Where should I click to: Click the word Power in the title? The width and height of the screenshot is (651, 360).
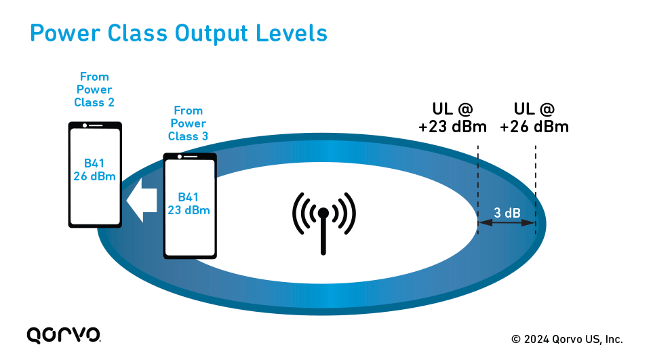click(65, 33)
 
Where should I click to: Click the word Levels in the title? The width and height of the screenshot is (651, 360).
click(292, 33)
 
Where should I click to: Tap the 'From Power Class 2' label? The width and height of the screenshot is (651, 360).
click(94, 89)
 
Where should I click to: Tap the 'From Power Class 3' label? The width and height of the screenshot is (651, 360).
click(188, 123)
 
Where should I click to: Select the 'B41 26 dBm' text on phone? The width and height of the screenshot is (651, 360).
click(95, 169)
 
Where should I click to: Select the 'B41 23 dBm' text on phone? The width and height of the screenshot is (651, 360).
click(189, 203)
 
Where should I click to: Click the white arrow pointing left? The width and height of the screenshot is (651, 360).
click(142, 201)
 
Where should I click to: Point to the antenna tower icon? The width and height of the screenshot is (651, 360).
click(324, 222)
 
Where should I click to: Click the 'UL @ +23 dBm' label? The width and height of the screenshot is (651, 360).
click(452, 118)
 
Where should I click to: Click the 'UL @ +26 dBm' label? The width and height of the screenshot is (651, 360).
click(534, 118)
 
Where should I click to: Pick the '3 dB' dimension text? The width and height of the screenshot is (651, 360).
click(507, 213)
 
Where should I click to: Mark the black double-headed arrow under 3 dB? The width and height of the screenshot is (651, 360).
click(507, 222)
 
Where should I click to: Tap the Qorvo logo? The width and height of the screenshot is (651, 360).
click(64, 335)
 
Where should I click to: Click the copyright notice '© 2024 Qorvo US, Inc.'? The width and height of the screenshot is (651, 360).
click(567, 339)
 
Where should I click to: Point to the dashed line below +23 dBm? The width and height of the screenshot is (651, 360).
click(478, 189)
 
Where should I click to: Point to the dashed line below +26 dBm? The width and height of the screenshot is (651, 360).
click(536, 189)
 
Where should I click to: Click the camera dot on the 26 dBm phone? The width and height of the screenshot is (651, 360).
click(85, 125)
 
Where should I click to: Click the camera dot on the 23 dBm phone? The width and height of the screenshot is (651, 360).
click(179, 157)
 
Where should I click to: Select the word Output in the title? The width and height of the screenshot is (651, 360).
click(211, 33)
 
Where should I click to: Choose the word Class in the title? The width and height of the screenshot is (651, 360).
click(137, 33)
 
